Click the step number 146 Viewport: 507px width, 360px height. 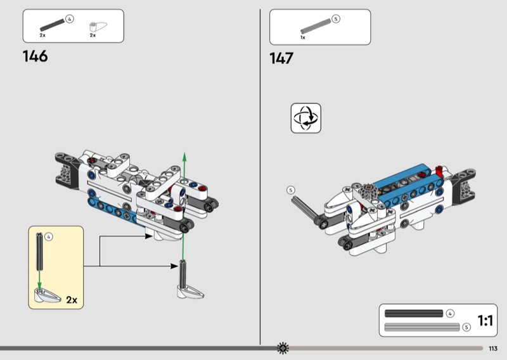35,56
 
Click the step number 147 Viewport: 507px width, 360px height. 281,58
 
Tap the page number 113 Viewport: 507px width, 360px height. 493,349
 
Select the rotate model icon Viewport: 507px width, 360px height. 306,118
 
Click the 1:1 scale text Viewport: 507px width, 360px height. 485,321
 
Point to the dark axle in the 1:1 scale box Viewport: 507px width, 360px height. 414,314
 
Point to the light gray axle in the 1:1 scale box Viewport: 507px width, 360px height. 422,327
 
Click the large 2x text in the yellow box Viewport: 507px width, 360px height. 72,300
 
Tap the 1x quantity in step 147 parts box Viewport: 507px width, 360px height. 303,37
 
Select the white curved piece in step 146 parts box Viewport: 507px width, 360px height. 98,27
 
